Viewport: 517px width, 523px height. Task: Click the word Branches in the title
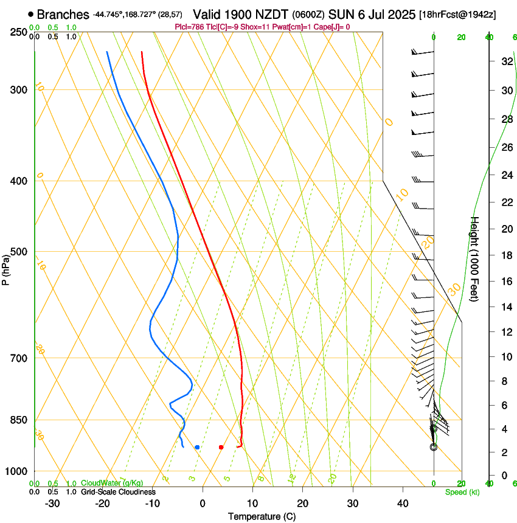pyautogui.click(x=63, y=14)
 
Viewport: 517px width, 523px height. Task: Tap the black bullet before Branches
pyautogui.click(x=31, y=14)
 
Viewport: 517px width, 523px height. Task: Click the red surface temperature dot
pyautogui.click(x=221, y=447)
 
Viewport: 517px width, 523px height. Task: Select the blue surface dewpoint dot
pyautogui.click(x=197, y=447)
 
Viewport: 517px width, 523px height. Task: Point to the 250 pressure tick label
pyautogui.click(x=19, y=32)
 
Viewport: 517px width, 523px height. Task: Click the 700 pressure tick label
pyautogui.click(x=19, y=358)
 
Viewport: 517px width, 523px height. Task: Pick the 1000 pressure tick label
pyautogui.click(x=16, y=471)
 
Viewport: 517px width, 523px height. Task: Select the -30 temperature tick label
pyautogui.click(x=52, y=504)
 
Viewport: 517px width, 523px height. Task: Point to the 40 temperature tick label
pyautogui.click(x=402, y=504)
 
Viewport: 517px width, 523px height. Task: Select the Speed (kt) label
pyautogui.click(x=462, y=492)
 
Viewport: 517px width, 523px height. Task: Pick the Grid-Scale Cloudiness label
pyautogui.click(x=118, y=492)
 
